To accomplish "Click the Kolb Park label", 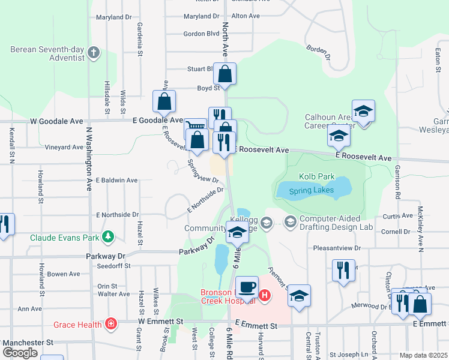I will click(316, 177).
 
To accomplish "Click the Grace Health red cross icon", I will click(110, 325).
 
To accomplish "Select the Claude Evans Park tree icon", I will click(108, 237).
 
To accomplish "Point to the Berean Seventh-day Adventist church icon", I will click(93, 53).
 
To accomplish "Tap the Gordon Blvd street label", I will click(202, 34).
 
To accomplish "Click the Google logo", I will click(19, 353).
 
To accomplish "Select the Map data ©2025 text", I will click(423, 355).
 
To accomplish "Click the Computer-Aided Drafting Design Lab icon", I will click(291, 223).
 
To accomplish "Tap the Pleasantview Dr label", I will click(336, 247).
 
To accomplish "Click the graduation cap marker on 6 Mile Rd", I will click(237, 232).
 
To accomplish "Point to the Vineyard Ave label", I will click(65, 147).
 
